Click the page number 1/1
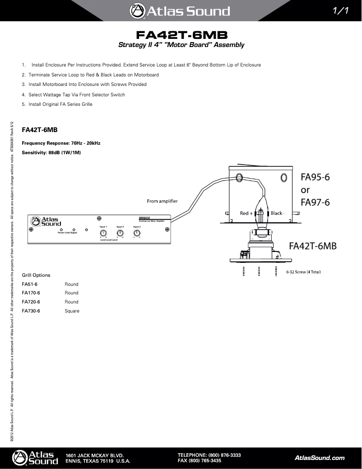pyautogui.click(x=341, y=11)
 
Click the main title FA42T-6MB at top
pyautogui.click(x=181, y=35)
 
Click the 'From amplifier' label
pyautogui.click(x=162, y=201)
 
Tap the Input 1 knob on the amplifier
pyautogui.click(x=103, y=233)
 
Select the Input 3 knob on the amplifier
pyautogui.click(x=137, y=233)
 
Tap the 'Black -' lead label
pyautogui.click(x=277, y=213)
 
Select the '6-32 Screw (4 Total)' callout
pyautogui.click(x=303, y=272)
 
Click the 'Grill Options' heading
pyautogui.click(x=36, y=275)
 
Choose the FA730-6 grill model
pyautogui.click(x=31, y=311)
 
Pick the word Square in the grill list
pyautogui.click(x=72, y=311)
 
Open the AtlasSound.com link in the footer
pyautogui.click(x=319, y=458)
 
